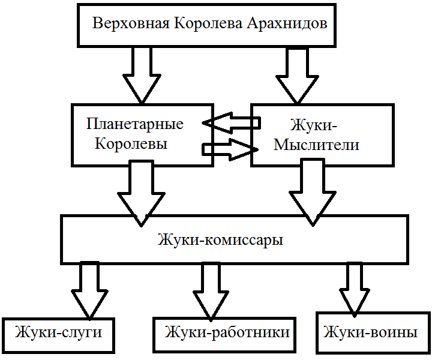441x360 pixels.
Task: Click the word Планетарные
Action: pyautogui.click(x=134, y=125)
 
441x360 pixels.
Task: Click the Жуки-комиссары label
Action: pyautogui.click(x=220, y=240)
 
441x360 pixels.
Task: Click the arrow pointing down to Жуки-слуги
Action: pyautogui.click(x=89, y=288)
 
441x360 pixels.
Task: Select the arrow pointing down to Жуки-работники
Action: pyautogui.click(x=211, y=288)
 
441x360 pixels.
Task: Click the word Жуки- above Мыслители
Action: pyautogui.click(x=314, y=125)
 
